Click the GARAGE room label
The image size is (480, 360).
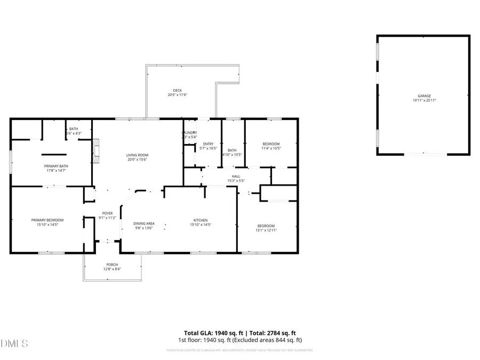[x=424, y=95]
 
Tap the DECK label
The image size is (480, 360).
[x=178, y=90]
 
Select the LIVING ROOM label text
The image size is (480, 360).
[x=137, y=155]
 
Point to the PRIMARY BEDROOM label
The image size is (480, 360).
[x=47, y=220]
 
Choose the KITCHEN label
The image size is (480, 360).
[x=200, y=220]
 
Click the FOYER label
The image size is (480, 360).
[x=107, y=213]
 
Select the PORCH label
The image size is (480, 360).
[x=112, y=265]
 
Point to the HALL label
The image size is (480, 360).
[x=236, y=176]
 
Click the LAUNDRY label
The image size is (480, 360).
[x=189, y=133]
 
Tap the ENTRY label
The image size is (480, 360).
[x=208, y=144]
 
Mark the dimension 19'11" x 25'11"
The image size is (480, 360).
[x=424, y=100]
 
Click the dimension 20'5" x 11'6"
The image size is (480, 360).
[x=178, y=95]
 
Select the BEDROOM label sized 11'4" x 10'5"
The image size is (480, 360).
[x=271, y=144]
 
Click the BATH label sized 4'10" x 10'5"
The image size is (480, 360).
[x=232, y=150]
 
